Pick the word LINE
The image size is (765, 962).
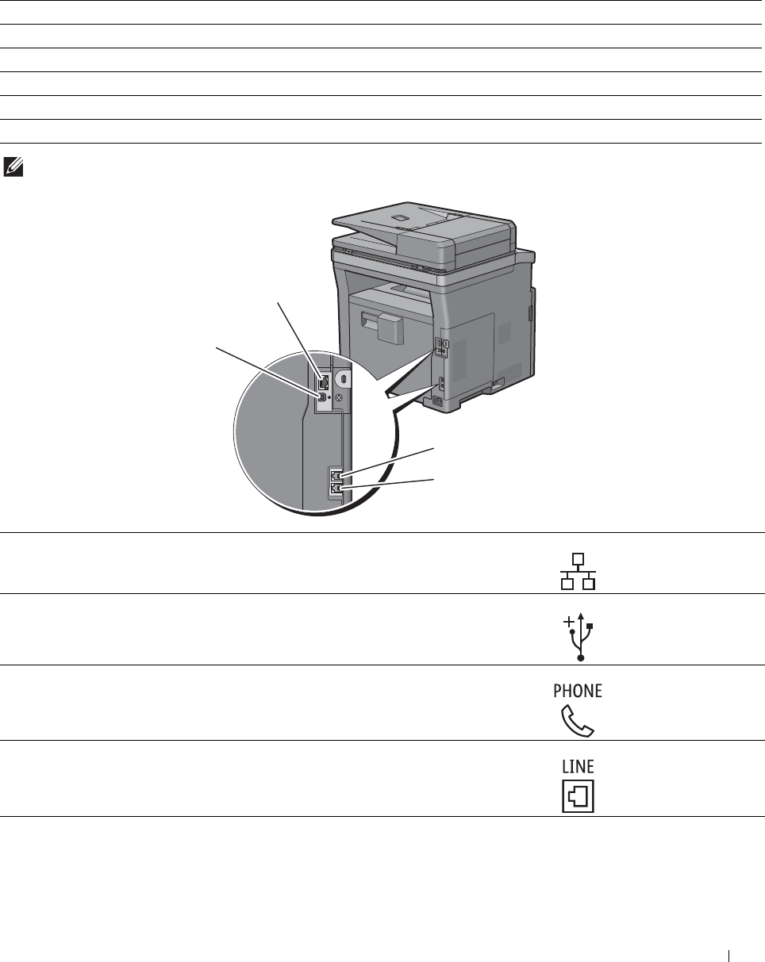coord(579,766)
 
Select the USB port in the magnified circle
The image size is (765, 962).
coord(323,396)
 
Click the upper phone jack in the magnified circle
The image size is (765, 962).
coord(335,477)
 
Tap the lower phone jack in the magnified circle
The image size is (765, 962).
coord(335,489)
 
